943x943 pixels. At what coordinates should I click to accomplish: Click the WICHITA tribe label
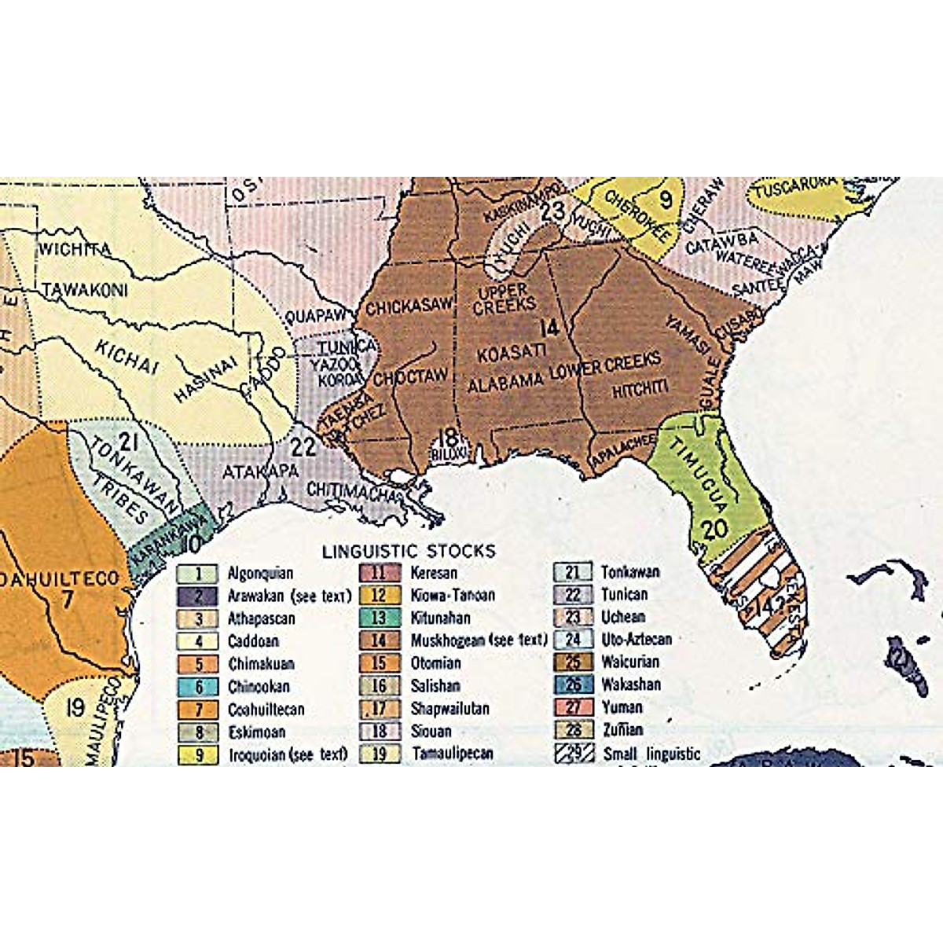pyautogui.click(x=75, y=250)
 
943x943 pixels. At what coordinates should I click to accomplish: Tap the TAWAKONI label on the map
pyautogui.click(x=84, y=290)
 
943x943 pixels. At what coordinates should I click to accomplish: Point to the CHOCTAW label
pyautogui.click(x=410, y=377)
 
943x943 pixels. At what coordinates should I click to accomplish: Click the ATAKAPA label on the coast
pyautogui.click(x=260, y=472)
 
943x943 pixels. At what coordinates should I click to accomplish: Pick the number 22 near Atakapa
pyautogui.click(x=303, y=446)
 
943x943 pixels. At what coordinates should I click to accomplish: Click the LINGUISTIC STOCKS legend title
pyautogui.click(x=409, y=551)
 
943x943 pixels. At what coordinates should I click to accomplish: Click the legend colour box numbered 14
pyautogui.click(x=379, y=640)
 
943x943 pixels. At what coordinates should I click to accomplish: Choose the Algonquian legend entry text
pyautogui.click(x=260, y=574)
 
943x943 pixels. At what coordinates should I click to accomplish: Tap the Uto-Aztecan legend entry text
pyautogui.click(x=636, y=639)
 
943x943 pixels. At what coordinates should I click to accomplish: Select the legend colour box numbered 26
pyautogui.click(x=573, y=684)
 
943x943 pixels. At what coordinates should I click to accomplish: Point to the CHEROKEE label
pyautogui.click(x=637, y=215)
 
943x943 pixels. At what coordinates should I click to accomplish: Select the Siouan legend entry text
pyautogui.click(x=431, y=731)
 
